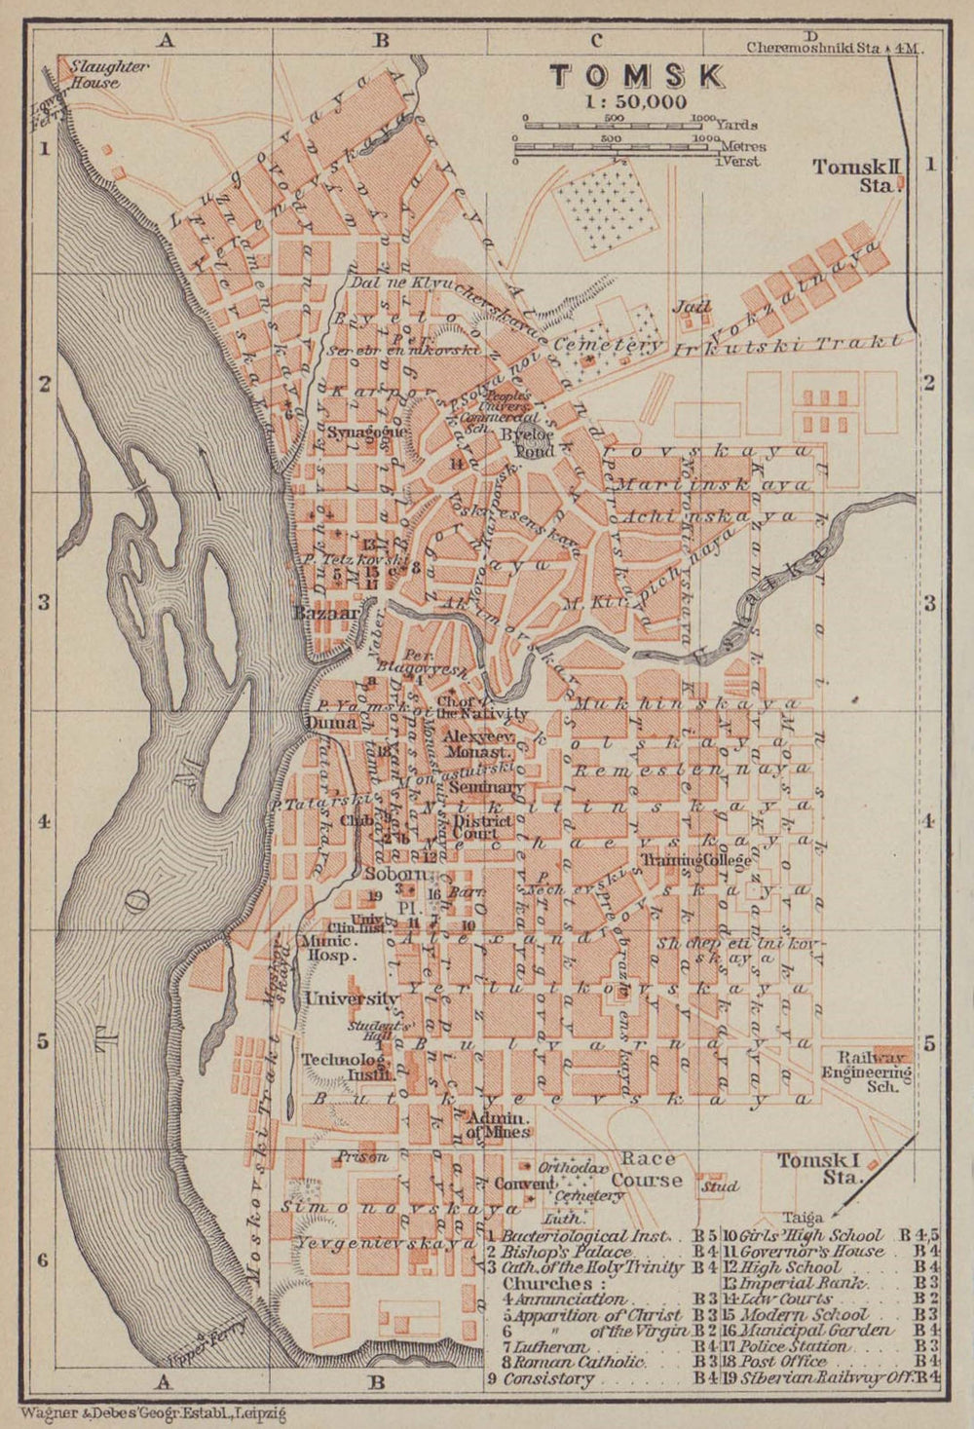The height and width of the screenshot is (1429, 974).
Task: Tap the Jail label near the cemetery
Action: pyautogui.click(x=691, y=307)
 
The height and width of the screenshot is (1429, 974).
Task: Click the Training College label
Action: pyautogui.click(x=695, y=860)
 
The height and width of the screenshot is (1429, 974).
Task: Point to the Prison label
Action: pyautogui.click(x=362, y=1157)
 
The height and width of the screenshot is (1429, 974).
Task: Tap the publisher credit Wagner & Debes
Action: pyautogui.click(x=146, y=1409)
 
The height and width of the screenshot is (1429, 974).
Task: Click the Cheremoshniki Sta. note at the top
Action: pyautogui.click(x=834, y=46)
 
